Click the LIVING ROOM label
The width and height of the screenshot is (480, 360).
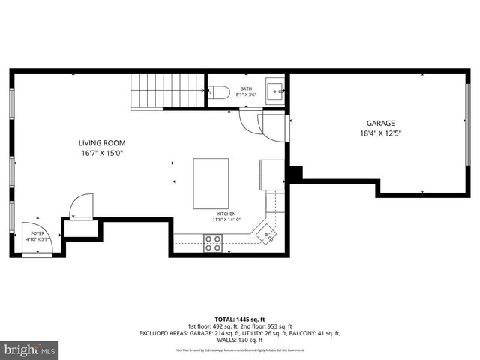(102, 143)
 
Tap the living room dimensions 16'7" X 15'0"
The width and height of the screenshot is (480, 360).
(102, 153)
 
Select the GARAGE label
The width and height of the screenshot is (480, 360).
(380, 124)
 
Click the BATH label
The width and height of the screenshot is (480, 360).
(246, 89)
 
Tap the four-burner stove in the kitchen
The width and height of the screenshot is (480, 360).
(214, 242)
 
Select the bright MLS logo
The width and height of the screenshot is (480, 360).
(30, 349)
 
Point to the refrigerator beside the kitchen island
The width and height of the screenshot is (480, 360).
(271, 174)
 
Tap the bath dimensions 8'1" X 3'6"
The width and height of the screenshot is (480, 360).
(246, 95)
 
